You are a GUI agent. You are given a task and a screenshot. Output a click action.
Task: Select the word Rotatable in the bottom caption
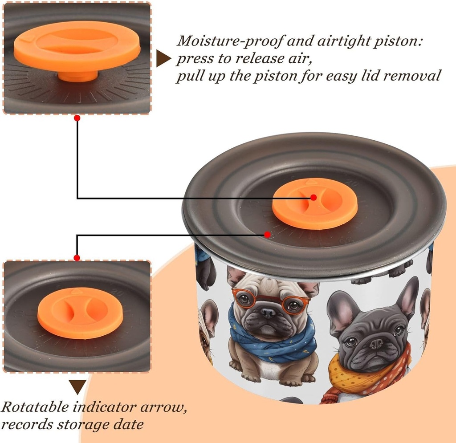tap(35, 407)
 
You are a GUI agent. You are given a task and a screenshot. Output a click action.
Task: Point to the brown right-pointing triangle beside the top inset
tap(163, 58)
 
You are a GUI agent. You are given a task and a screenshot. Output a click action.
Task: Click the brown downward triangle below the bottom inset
tap(77, 387)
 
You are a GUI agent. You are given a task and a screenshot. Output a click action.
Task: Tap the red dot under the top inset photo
tap(77, 118)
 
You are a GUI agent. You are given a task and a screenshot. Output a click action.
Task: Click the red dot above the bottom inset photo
tap(77, 258)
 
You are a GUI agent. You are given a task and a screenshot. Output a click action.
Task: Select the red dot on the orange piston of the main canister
tap(313, 197)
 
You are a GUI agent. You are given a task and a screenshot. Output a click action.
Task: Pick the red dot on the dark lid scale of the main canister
tap(267, 234)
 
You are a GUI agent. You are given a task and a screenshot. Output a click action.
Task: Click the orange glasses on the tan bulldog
tap(271, 301)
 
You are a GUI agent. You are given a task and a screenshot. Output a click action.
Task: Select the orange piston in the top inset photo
tap(77, 46)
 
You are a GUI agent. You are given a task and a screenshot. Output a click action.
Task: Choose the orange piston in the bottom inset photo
tap(80, 313)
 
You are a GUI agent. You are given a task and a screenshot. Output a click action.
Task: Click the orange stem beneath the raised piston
tap(77, 76)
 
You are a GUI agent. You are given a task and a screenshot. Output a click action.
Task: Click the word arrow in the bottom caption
tap(163, 407)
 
